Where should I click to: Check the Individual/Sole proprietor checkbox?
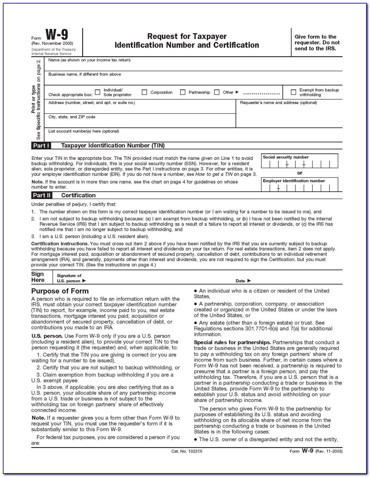point(98,92)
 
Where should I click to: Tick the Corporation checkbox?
point(144,92)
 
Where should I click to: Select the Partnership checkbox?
point(183,92)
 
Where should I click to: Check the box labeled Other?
point(217,92)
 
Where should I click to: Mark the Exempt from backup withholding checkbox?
point(293,92)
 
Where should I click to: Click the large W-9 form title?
point(57,35)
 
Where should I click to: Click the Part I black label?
point(41,146)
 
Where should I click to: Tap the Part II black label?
point(42,196)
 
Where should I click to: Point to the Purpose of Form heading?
point(60,291)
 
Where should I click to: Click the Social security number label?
point(286,157)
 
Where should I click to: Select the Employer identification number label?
point(294,181)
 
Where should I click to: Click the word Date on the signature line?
point(240,281)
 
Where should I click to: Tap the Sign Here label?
point(38,277)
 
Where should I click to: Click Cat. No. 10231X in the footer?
point(187,451)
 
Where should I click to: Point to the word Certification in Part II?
point(78,196)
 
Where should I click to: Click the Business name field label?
point(84,74)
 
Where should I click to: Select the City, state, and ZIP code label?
point(72,117)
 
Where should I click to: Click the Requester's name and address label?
point(278,103)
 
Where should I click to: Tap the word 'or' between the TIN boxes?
point(299,173)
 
